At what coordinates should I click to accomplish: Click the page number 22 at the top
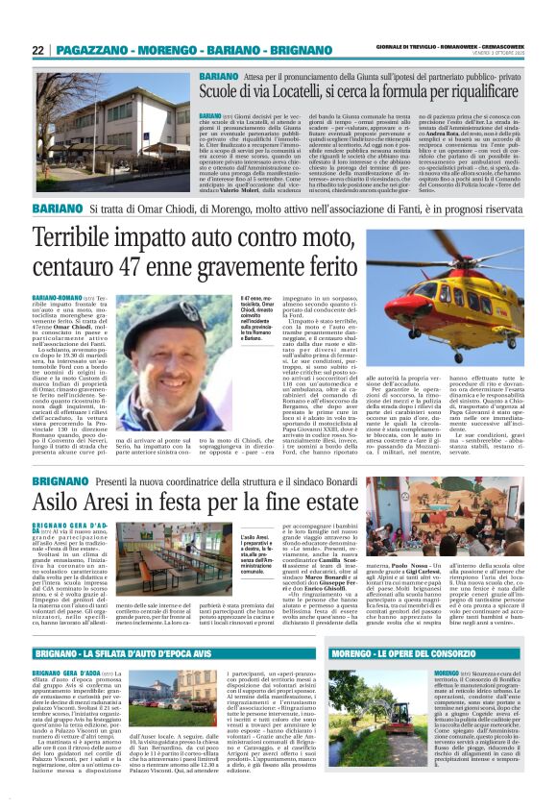38,49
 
